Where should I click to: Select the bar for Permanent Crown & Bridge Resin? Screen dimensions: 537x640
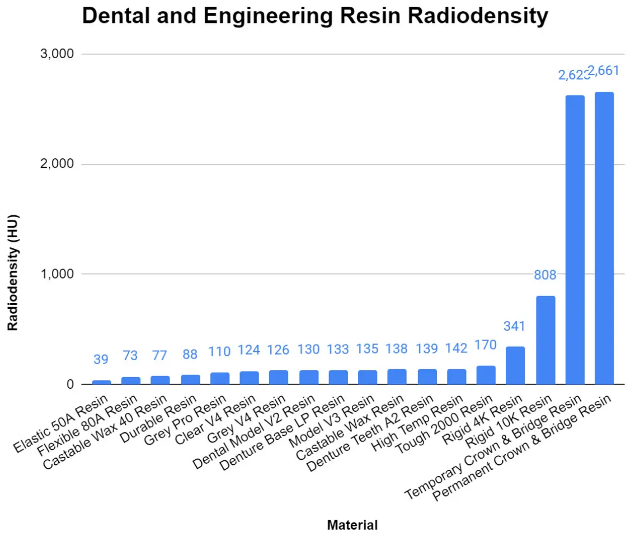(604, 238)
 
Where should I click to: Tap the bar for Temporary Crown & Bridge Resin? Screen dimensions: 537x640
(575, 239)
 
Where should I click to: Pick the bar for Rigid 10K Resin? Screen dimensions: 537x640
(545, 340)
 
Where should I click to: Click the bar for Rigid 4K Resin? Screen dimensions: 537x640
(515, 365)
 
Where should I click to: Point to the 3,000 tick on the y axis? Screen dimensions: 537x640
(58, 54)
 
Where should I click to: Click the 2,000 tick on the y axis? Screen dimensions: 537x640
(58, 164)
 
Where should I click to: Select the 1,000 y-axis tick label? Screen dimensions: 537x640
(58, 274)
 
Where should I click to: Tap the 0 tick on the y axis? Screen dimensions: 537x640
(70, 384)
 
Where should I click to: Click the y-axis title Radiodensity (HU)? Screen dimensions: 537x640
(13, 272)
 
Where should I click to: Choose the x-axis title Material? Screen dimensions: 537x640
(352, 525)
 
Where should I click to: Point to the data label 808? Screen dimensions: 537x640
(545, 275)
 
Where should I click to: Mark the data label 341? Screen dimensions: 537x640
(515, 326)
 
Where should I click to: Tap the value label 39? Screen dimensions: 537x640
(101, 359)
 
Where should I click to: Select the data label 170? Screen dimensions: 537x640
(486, 345)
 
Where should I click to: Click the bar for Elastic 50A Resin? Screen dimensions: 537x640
(101, 382)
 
